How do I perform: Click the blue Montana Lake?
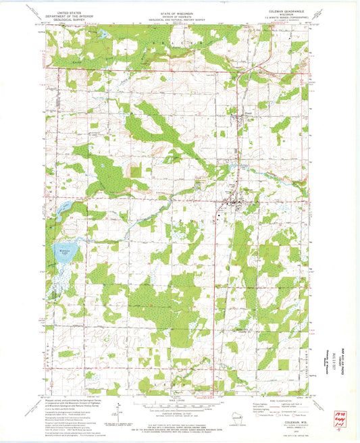pyautogui.click(x=66, y=254)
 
